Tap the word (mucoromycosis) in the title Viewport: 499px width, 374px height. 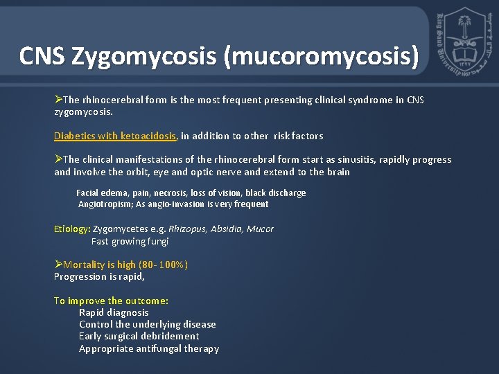321,56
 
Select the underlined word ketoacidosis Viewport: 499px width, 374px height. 149,136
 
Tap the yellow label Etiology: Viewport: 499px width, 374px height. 72,229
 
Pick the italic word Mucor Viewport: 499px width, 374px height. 261,229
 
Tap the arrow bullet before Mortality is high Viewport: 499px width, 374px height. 58,265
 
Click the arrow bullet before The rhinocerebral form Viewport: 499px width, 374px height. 58,100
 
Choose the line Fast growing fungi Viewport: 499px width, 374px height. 130,241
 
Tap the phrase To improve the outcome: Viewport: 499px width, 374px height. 111,301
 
